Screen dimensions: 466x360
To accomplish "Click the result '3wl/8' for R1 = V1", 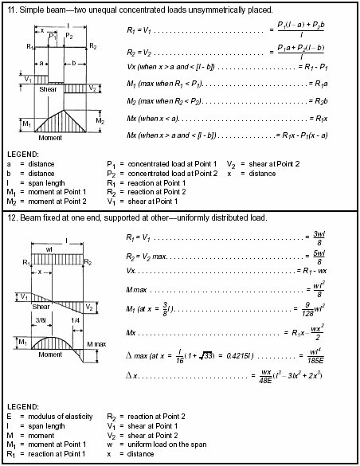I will click(x=317, y=237).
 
